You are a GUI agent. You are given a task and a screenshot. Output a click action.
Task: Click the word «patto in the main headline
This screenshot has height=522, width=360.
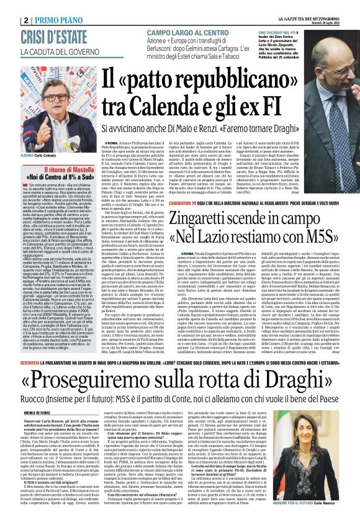(x=155, y=78)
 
